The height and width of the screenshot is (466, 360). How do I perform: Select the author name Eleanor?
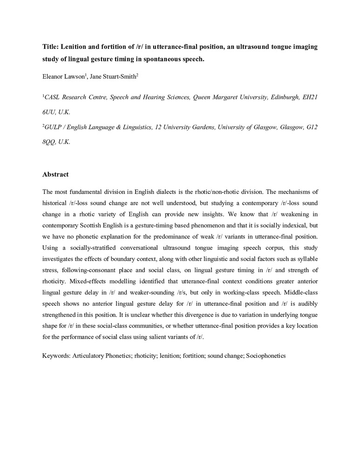(54, 74)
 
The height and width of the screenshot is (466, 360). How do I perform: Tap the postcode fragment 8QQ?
(50, 142)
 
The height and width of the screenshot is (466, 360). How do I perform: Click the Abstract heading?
(55, 174)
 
